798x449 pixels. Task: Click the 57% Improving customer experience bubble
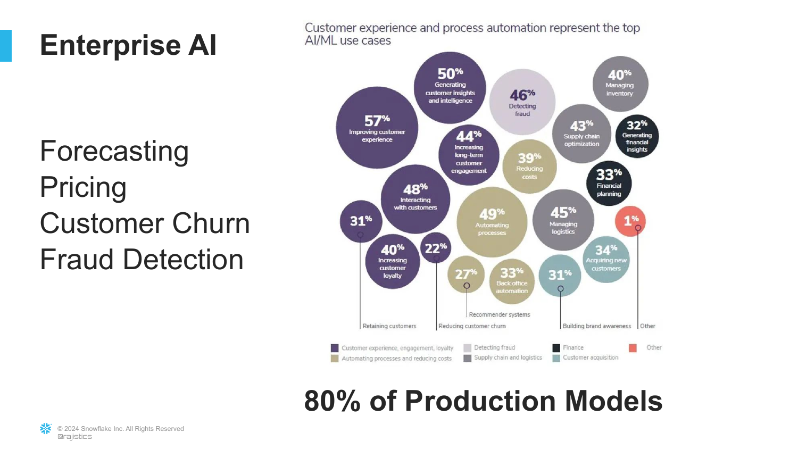click(x=377, y=128)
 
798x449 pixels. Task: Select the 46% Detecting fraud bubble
click(x=522, y=102)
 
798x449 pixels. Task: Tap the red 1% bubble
click(x=630, y=221)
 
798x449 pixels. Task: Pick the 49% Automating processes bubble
click(x=492, y=222)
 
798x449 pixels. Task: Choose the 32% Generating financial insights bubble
click(x=637, y=137)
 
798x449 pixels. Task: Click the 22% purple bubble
click(x=436, y=248)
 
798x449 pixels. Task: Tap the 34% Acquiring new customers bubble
click(x=606, y=260)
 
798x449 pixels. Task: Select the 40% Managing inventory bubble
click(x=620, y=84)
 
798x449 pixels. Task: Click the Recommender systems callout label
click(x=499, y=314)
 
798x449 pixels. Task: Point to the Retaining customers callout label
click(x=389, y=326)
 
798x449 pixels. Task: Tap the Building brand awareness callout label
click(x=597, y=326)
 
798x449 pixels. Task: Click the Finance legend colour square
click(x=556, y=348)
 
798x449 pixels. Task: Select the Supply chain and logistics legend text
click(x=508, y=357)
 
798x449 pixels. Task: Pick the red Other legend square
click(x=633, y=348)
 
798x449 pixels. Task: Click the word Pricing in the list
click(x=83, y=187)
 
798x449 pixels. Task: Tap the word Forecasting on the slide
click(x=114, y=152)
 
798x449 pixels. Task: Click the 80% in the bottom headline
click(x=332, y=401)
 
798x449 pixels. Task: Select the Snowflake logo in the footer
click(x=46, y=429)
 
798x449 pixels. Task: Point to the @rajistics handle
click(x=74, y=437)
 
